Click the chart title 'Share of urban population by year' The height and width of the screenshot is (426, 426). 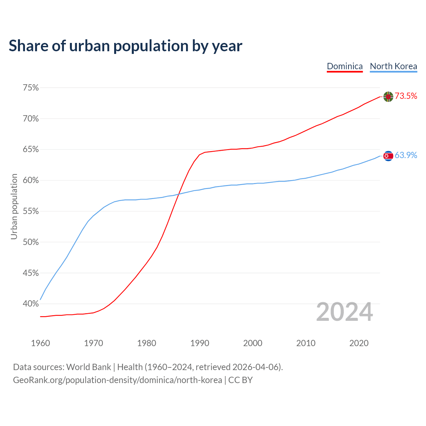(x=125, y=46)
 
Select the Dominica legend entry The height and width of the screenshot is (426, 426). (x=345, y=66)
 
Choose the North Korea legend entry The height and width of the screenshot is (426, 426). (x=393, y=66)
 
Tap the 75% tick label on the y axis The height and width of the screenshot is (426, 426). (x=31, y=88)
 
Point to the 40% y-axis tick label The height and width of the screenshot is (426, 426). (x=31, y=304)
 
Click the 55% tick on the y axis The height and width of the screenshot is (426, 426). (x=31, y=211)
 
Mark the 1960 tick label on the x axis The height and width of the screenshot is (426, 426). (x=41, y=343)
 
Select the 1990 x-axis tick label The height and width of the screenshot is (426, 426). (x=200, y=343)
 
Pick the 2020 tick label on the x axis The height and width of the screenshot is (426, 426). (x=359, y=343)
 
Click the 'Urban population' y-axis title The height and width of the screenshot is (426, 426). (x=14, y=206)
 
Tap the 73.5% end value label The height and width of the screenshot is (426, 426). (x=406, y=96)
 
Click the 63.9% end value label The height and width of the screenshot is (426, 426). (x=406, y=155)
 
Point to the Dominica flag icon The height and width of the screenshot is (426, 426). (x=388, y=97)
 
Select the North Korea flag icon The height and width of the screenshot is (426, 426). (x=388, y=156)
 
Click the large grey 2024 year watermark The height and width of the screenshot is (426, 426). (x=344, y=312)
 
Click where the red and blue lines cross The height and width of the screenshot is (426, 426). (x=179, y=194)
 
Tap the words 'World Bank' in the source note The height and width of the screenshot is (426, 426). (x=89, y=367)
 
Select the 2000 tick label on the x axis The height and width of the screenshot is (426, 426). (x=253, y=343)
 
